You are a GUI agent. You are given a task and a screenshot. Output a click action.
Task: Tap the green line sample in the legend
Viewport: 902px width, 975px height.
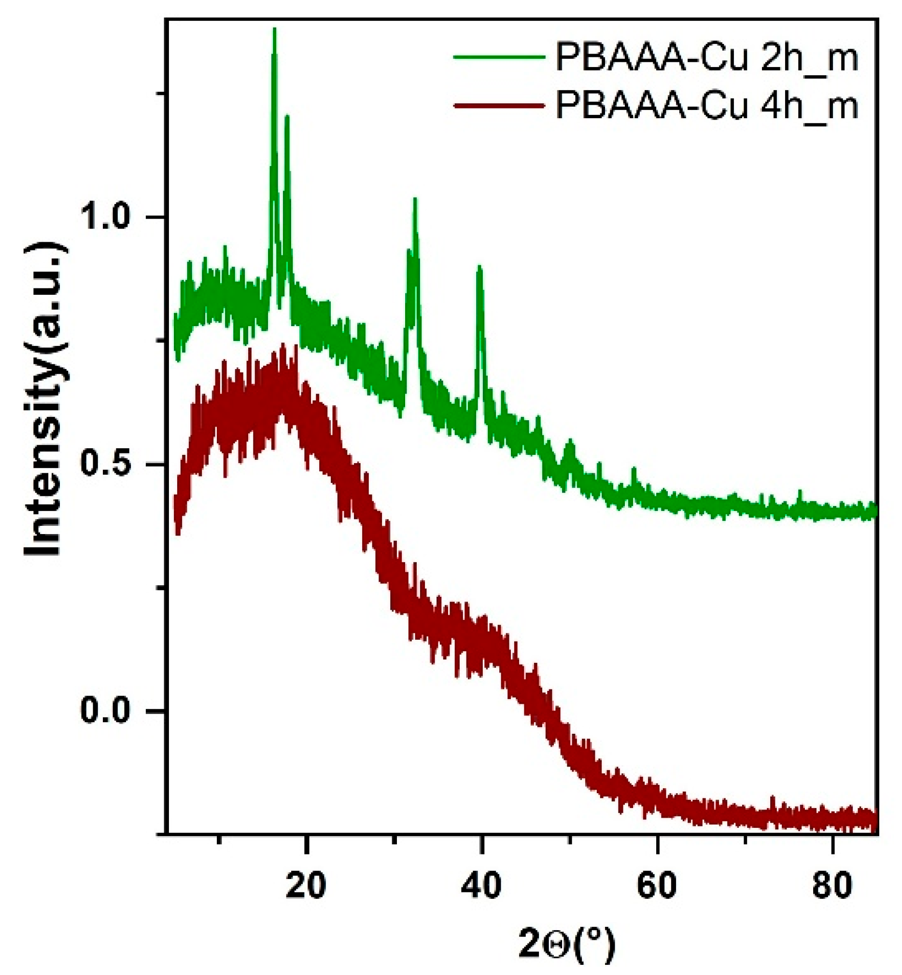pyautogui.click(x=499, y=57)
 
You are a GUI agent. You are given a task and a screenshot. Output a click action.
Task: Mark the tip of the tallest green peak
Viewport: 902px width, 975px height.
pyautogui.click(x=274, y=29)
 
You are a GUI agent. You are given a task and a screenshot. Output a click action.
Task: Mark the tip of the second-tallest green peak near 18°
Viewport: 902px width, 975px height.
pyautogui.click(x=287, y=116)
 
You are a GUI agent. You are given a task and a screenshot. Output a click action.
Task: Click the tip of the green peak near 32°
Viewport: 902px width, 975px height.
pyautogui.click(x=415, y=199)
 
